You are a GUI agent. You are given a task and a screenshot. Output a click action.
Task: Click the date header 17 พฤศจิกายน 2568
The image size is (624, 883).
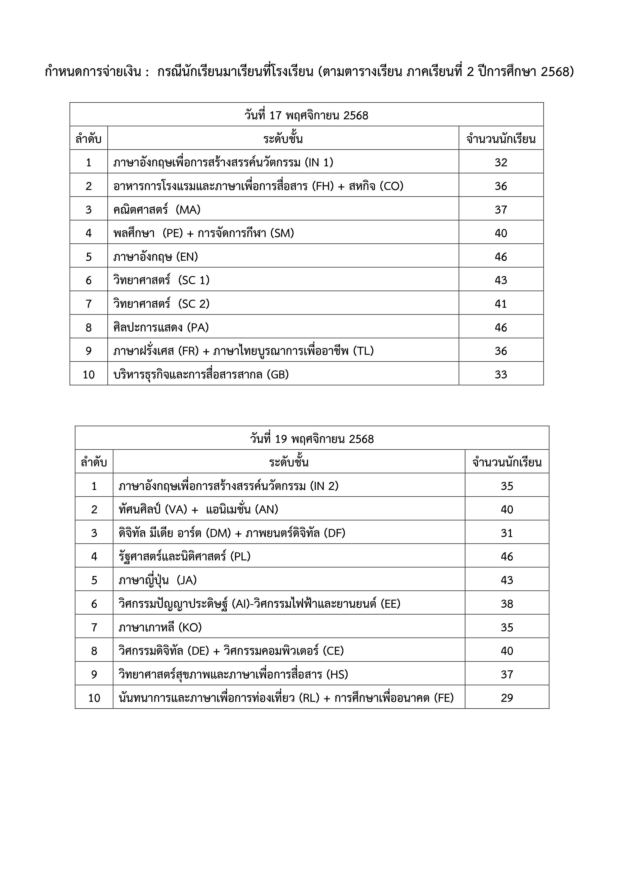[x=306, y=115]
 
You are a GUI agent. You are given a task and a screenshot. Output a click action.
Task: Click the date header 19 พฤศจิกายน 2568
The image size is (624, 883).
[x=312, y=439]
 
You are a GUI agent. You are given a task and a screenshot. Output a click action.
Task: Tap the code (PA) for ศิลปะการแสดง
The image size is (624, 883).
[x=198, y=327]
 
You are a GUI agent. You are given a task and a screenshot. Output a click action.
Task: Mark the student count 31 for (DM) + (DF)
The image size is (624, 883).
[x=507, y=533]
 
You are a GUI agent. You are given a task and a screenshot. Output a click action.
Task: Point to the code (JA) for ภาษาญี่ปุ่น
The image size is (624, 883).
[x=186, y=580]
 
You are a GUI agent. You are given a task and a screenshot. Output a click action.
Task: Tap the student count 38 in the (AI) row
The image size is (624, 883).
[x=507, y=604]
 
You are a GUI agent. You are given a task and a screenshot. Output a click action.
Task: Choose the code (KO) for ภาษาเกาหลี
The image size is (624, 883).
[x=190, y=627]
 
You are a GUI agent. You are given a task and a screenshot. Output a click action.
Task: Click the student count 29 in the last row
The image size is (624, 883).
[x=507, y=698]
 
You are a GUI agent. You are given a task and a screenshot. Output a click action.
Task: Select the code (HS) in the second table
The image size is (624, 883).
[x=337, y=674]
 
